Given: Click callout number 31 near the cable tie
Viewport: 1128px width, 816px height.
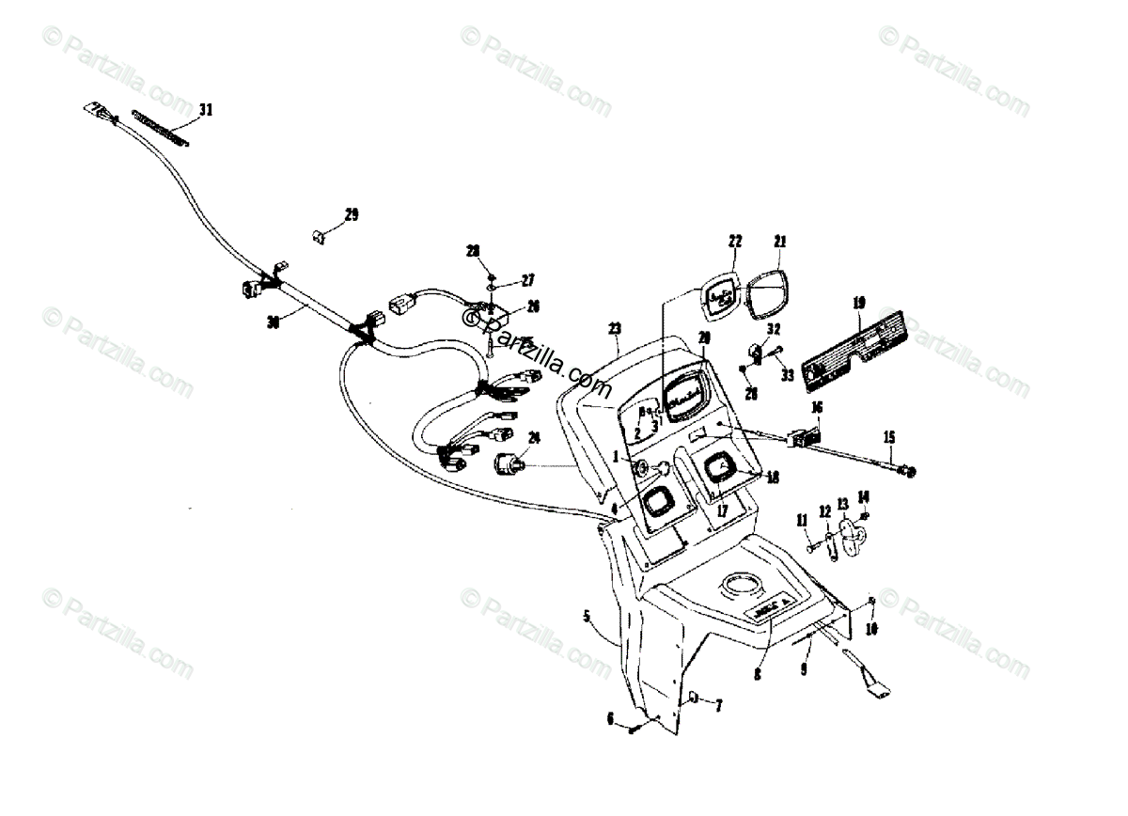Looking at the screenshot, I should (205, 110).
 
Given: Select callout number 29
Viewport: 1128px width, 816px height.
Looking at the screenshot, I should (351, 215).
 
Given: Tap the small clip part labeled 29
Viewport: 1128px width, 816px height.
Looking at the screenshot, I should (319, 236).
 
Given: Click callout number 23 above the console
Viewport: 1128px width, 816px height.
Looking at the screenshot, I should (614, 330).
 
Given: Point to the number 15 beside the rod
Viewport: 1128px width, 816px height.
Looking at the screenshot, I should (888, 436).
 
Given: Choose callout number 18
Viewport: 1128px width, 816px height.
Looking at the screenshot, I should (774, 478).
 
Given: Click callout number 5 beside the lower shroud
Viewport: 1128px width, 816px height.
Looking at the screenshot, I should (587, 617).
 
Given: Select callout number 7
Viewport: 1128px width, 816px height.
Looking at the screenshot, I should (719, 704).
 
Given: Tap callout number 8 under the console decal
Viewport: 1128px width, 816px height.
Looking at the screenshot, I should (758, 673).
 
